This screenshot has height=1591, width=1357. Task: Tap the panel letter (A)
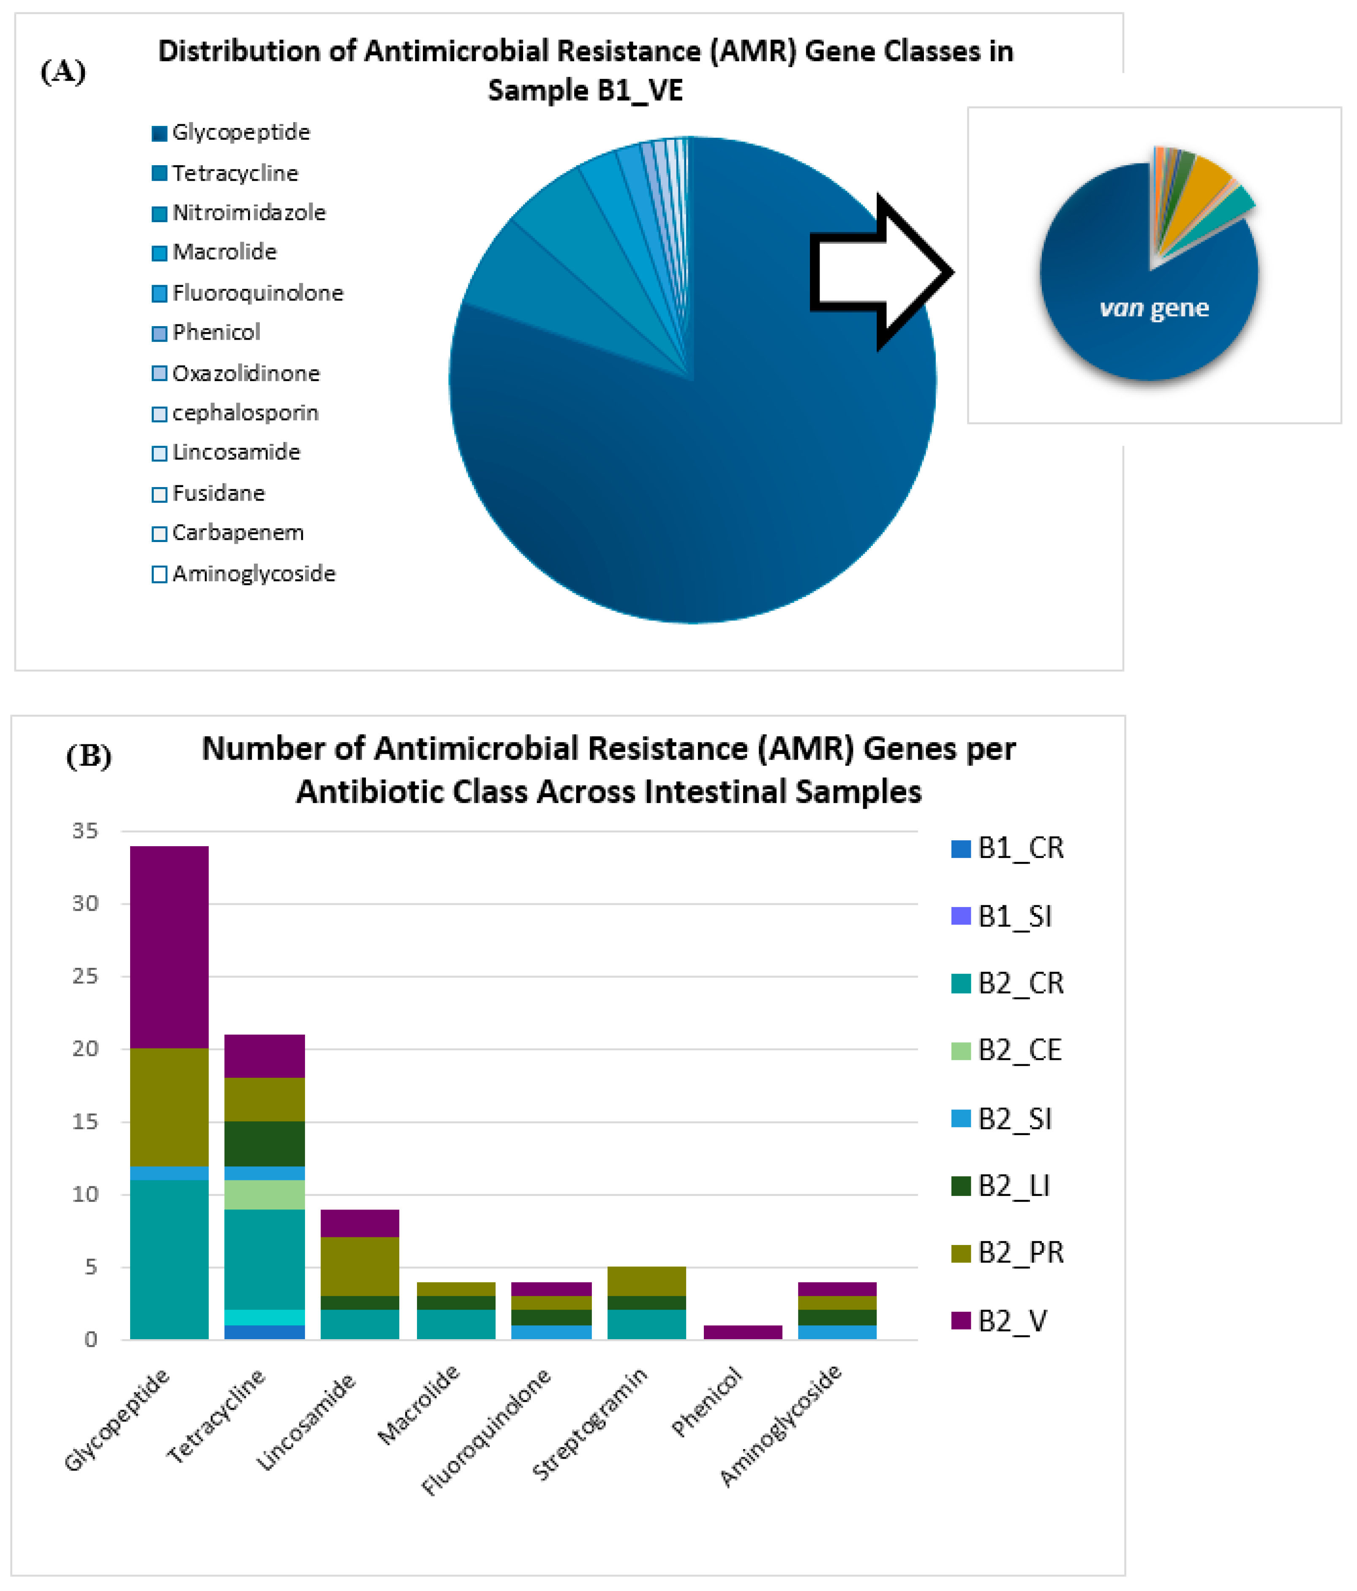(63, 71)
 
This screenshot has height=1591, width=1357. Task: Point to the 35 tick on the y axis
(85, 831)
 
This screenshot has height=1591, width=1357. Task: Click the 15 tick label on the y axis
(85, 1122)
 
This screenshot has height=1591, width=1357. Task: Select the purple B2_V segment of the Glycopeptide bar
(169, 947)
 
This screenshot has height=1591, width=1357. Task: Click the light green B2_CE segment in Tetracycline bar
(264, 1194)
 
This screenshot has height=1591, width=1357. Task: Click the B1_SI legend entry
(1013, 916)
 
